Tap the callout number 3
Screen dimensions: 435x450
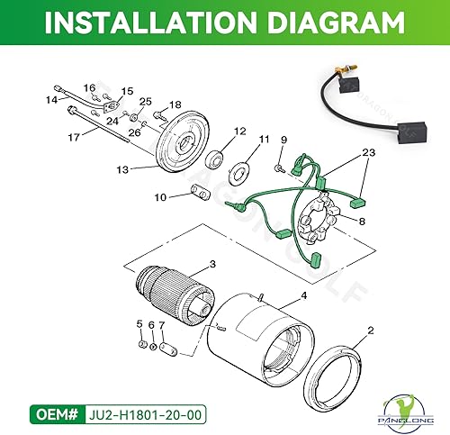coord(212,264)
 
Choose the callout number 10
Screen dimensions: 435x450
coord(159,196)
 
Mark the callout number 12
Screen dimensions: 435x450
coord(239,132)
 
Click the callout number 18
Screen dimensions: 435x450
coord(175,105)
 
